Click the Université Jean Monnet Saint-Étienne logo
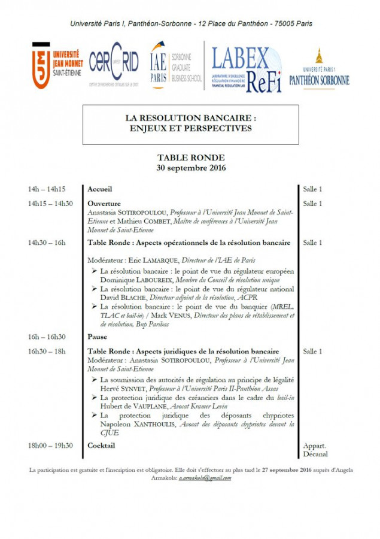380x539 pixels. [57, 65]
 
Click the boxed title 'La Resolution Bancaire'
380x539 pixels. [190, 123]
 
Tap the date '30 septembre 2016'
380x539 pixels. [191, 168]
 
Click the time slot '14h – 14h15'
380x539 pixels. [47, 189]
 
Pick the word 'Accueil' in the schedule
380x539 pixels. [100, 189]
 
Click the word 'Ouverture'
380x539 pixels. [104, 204]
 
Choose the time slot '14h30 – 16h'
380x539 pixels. [47, 243]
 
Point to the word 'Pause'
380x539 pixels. [98, 337]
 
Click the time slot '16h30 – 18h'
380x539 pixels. [47, 352]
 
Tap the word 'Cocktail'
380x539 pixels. [101, 446]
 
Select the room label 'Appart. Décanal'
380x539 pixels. [315, 450]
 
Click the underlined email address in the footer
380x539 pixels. [205, 478]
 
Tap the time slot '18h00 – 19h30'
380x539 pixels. [50, 446]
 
